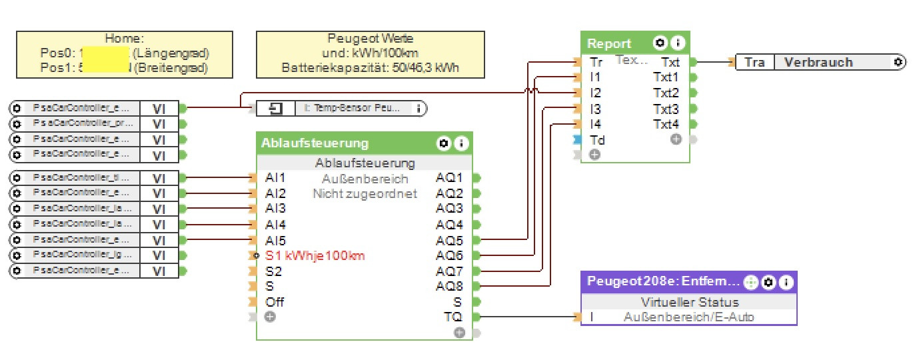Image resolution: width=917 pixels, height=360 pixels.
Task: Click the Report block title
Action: (x=604, y=44)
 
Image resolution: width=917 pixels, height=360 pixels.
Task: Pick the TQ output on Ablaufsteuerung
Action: (x=453, y=317)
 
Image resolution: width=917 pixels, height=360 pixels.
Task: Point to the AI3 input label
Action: (x=275, y=209)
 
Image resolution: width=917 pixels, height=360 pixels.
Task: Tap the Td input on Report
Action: (x=597, y=140)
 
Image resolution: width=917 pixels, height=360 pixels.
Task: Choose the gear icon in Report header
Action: (x=660, y=44)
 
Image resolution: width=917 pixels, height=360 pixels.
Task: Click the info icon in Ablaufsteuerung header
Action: (x=460, y=143)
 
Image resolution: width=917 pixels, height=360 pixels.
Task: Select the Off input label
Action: (x=274, y=302)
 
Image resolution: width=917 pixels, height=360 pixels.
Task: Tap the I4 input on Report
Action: (x=595, y=125)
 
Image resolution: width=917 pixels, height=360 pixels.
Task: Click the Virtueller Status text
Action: (x=689, y=303)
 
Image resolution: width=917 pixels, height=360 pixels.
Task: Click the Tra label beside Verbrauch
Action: (x=754, y=63)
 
